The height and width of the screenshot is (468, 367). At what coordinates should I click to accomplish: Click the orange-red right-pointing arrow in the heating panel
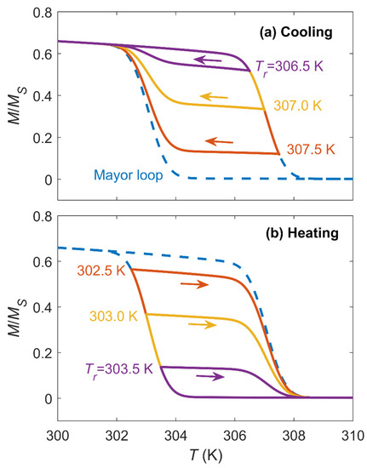194,284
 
